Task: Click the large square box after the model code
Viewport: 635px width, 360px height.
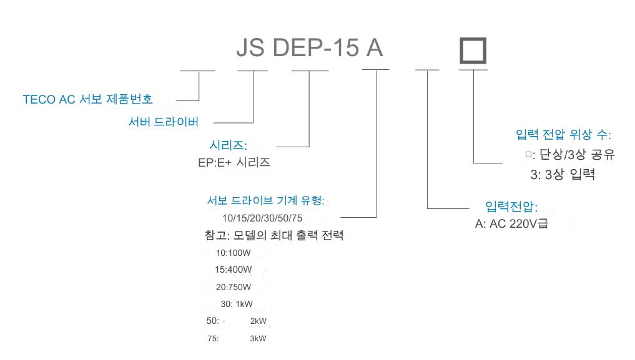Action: pyautogui.click(x=473, y=51)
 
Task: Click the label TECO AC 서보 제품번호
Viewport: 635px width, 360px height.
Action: pyautogui.click(x=87, y=99)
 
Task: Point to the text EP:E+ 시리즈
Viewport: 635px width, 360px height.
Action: pyautogui.click(x=234, y=162)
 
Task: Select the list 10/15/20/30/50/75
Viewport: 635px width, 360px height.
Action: pyautogui.click(x=262, y=218)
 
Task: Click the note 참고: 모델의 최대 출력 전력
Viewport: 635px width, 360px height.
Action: pyautogui.click(x=273, y=236)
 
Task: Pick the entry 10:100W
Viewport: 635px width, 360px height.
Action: pyautogui.click(x=234, y=253)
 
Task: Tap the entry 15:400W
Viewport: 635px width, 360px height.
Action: pyautogui.click(x=234, y=270)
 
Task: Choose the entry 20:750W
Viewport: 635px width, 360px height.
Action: pyautogui.click(x=234, y=288)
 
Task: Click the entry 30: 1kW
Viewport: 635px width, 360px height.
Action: pyautogui.click(x=237, y=304)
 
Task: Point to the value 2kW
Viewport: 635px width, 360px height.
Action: pyautogui.click(x=258, y=321)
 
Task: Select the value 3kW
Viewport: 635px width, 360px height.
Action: pyautogui.click(x=258, y=339)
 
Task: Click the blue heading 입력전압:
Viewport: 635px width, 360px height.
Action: pyautogui.click(x=511, y=207)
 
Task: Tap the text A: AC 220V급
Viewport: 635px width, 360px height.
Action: pyautogui.click(x=511, y=223)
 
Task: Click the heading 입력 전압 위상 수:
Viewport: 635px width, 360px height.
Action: pyautogui.click(x=563, y=135)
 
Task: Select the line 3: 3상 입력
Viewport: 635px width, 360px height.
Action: pyautogui.click(x=563, y=175)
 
